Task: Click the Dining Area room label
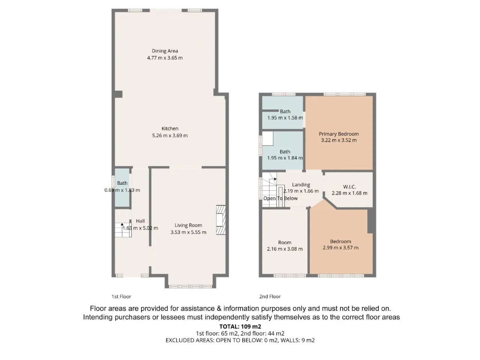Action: tap(165, 51)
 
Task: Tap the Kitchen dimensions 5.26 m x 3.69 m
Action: tap(170, 135)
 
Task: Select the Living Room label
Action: tap(188, 225)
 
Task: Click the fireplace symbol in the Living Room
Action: tap(220, 220)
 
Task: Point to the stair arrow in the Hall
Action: tap(122, 224)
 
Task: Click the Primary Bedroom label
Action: tap(339, 134)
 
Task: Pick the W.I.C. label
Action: tap(349, 187)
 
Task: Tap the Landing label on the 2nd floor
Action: tap(301, 185)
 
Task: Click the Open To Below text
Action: tap(280, 198)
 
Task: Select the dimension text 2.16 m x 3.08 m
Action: tap(285, 249)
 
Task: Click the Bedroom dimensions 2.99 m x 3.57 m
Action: tap(340, 247)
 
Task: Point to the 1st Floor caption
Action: tap(121, 297)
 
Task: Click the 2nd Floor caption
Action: tap(270, 297)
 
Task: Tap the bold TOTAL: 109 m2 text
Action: tap(240, 327)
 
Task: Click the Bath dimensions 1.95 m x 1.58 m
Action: tap(285, 118)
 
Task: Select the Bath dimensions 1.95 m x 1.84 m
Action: tap(285, 158)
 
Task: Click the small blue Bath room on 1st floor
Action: tap(122, 187)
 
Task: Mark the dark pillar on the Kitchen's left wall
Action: tap(118, 94)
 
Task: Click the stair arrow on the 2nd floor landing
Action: tap(275, 179)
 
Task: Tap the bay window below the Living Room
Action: tap(190, 286)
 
